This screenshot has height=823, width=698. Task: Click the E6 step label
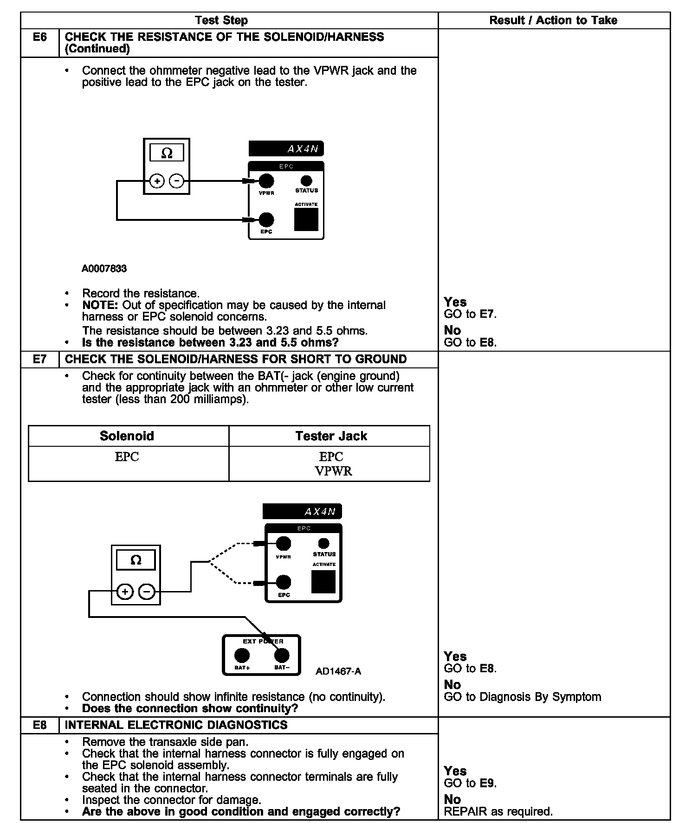(x=40, y=37)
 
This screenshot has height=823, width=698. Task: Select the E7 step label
(x=40, y=359)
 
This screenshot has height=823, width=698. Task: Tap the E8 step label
(x=40, y=725)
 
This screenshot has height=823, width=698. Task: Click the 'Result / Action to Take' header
(x=553, y=20)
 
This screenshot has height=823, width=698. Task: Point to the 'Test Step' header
(x=221, y=20)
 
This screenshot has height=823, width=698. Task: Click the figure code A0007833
(x=104, y=269)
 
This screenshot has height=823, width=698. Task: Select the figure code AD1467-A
(x=338, y=671)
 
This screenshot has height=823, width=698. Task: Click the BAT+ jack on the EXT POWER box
(x=242, y=655)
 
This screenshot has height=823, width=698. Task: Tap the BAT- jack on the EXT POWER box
(x=282, y=655)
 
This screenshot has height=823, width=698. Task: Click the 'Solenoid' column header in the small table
(x=127, y=436)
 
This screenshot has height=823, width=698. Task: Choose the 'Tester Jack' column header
(x=331, y=436)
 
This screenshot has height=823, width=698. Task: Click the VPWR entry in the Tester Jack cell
(x=333, y=471)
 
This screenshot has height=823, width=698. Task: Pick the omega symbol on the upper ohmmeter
(x=167, y=153)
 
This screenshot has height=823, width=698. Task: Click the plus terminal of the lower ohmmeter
(x=125, y=592)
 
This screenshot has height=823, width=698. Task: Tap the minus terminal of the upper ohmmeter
(x=176, y=181)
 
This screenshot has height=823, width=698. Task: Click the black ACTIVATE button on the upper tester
(x=306, y=219)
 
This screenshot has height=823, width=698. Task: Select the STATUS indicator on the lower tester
(x=324, y=543)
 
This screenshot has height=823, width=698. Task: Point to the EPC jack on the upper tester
(x=266, y=219)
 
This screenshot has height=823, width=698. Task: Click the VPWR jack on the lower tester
(x=284, y=543)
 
